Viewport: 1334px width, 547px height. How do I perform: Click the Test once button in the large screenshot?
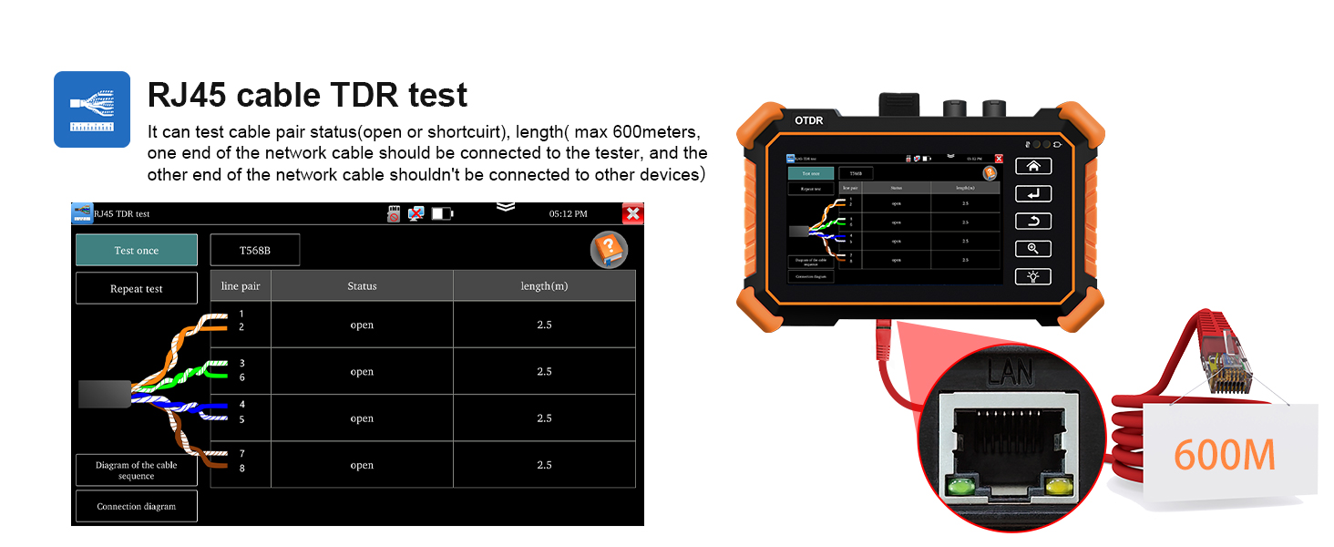(x=136, y=250)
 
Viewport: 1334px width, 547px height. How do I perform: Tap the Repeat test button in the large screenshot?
(x=136, y=288)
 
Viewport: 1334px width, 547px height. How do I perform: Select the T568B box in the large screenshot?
(x=254, y=250)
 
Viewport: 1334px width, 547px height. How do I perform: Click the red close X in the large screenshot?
(x=632, y=213)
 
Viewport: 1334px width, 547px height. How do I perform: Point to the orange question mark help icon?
(x=609, y=250)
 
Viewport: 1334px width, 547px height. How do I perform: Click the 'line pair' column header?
(x=241, y=285)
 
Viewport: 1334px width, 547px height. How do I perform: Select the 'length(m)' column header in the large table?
(x=544, y=285)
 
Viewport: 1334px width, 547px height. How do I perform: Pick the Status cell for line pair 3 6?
(x=362, y=371)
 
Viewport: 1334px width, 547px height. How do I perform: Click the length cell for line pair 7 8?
(x=544, y=465)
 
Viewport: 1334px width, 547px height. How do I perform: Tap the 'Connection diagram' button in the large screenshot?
(x=136, y=506)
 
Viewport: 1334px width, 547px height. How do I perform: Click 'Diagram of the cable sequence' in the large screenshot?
(x=136, y=470)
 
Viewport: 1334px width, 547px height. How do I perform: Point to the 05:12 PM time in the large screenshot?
(x=568, y=213)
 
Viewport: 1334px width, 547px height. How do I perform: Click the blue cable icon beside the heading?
(x=92, y=109)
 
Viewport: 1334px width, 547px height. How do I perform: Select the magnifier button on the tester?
(x=1032, y=248)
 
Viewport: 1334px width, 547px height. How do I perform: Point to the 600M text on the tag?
(x=1224, y=455)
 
